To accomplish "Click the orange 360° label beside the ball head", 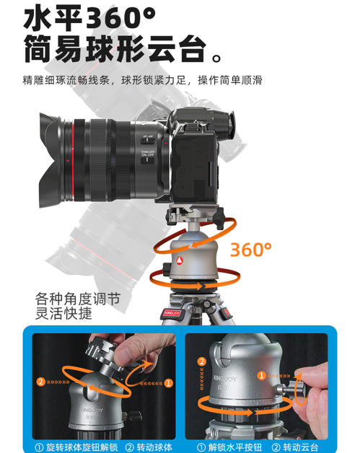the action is coord(251,250).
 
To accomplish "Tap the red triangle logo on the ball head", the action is coord(180,260).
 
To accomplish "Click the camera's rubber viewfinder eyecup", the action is coord(232,125).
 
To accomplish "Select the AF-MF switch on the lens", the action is coord(148,139).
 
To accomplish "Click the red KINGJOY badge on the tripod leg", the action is coord(172,313).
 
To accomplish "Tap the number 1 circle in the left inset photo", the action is coord(168,383).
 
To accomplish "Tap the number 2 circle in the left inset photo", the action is coord(40,382).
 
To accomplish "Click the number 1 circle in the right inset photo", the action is coord(261,375).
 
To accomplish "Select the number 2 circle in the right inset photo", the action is coord(202,361).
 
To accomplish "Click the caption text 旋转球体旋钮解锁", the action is coord(82,447).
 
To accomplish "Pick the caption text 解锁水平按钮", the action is coord(235,447).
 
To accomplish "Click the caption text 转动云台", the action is coord(301,447).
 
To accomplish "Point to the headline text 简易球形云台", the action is coord(115,49).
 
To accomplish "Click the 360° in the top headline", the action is coord(120,18).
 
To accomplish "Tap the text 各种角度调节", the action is coord(78,299).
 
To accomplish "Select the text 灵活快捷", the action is coord(63,313).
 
